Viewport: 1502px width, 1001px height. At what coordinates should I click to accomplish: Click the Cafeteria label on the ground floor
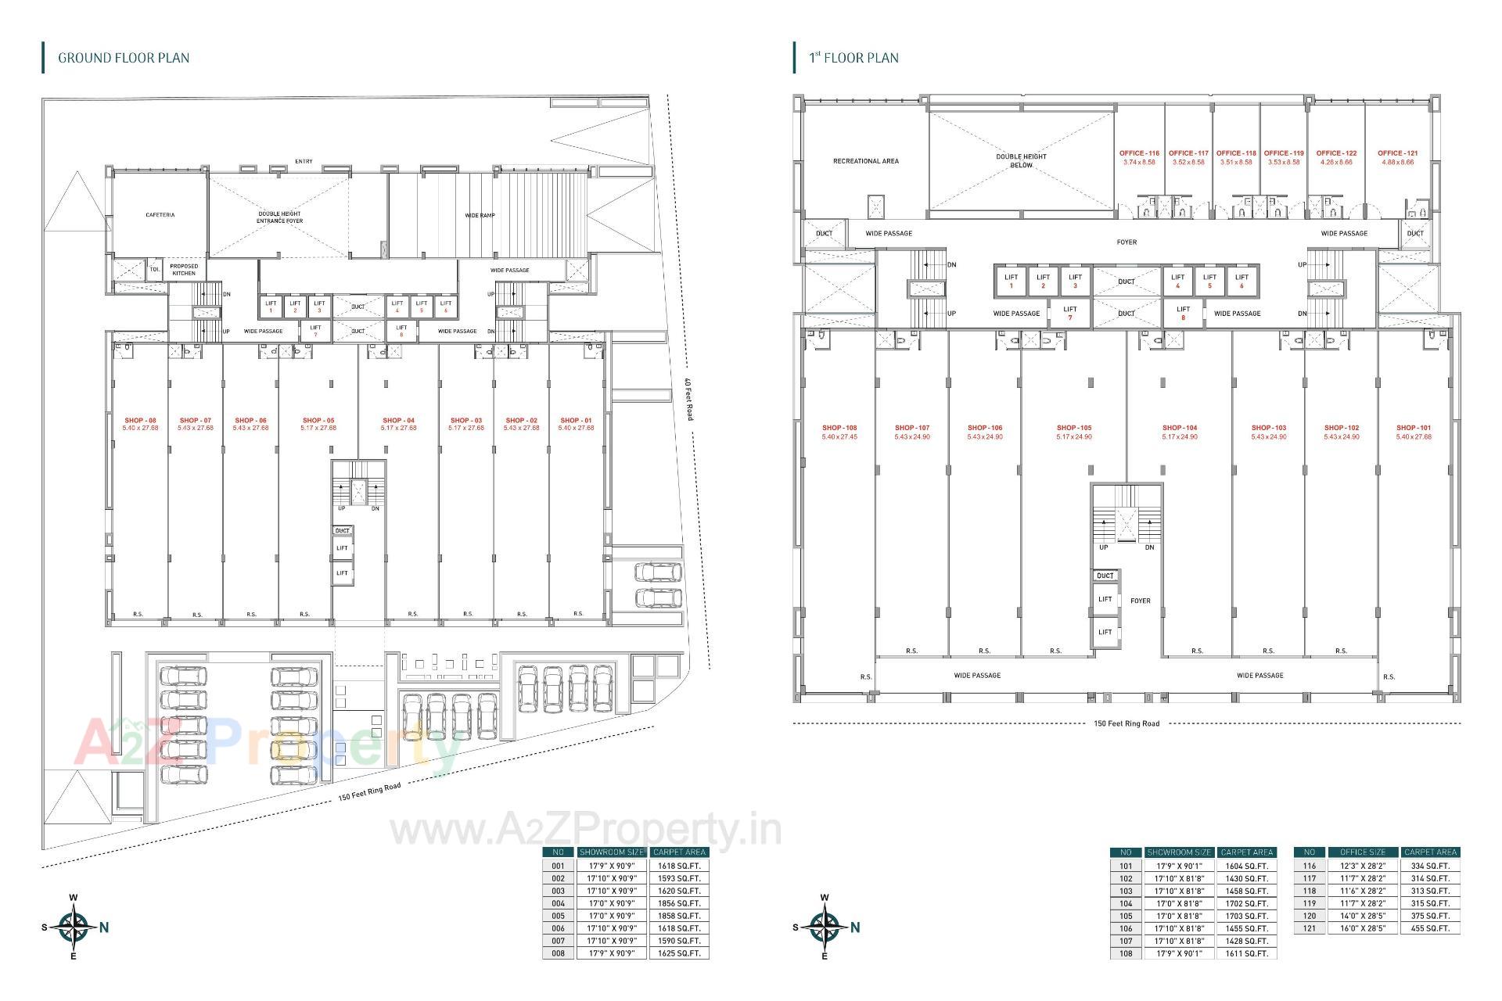click(160, 215)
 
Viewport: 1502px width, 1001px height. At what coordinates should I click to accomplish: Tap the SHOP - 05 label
click(318, 421)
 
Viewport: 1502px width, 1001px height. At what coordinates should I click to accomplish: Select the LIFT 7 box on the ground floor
click(315, 331)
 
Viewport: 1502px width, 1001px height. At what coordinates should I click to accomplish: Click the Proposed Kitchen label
click(184, 270)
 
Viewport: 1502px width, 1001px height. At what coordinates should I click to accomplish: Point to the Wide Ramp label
click(480, 215)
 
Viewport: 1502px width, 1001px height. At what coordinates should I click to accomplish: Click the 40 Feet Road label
click(688, 400)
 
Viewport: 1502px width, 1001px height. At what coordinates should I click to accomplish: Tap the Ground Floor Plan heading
click(124, 58)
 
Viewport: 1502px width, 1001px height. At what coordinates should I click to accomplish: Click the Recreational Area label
click(865, 161)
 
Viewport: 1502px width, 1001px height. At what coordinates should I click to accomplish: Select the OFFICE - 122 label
click(1336, 153)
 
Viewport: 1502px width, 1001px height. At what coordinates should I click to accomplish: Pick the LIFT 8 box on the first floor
click(1183, 313)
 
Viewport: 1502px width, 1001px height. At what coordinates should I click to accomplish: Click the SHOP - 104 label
click(1179, 428)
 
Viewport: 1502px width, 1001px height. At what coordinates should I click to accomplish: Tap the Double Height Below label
click(1021, 160)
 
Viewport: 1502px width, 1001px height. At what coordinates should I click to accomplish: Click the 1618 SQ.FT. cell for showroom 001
click(679, 866)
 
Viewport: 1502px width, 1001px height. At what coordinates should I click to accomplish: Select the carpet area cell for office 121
click(1430, 928)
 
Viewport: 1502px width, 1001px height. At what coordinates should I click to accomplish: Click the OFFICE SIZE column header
click(1362, 852)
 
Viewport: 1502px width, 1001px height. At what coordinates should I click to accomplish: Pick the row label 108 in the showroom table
click(1126, 953)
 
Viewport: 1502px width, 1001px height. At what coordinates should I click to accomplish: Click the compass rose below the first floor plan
click(825, 927)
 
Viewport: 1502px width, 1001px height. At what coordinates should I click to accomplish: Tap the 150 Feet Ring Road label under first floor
click(1126, 723)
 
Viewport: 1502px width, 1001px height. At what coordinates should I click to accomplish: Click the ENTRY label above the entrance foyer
click(304, 162)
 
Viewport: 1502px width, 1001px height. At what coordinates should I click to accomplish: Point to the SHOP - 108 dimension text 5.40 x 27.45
click(839, 437)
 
